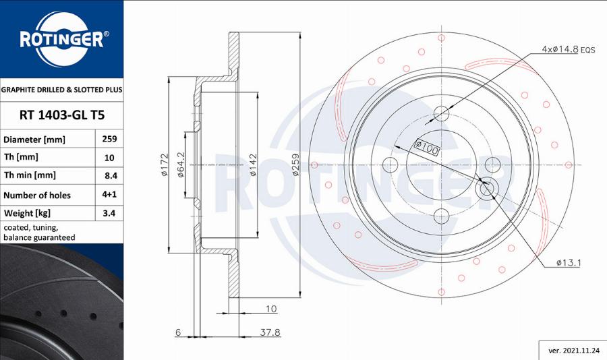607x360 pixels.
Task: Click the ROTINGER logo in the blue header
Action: click(61, 38)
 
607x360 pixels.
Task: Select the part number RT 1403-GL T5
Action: click(61, 115)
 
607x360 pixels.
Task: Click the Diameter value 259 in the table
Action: click(109, 139)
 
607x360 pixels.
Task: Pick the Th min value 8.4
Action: click(109, 176)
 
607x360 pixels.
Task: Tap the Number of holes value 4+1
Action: click(109, 195)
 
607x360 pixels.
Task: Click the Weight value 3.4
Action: click(109, 214)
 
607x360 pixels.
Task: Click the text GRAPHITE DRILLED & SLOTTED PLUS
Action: click(61, 89)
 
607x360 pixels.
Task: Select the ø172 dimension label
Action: click(164, 165)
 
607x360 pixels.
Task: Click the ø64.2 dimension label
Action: click(181, 165)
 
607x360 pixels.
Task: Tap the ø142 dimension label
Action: click(254, 165)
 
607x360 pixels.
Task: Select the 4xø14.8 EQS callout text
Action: click(568, 49)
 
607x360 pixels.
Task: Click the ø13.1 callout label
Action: click(569, 263)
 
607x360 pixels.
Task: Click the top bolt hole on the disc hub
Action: click(441, 113)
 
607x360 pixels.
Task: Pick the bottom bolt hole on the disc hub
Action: click(441, 216)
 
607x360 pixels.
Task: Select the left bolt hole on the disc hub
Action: click(390, 164)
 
